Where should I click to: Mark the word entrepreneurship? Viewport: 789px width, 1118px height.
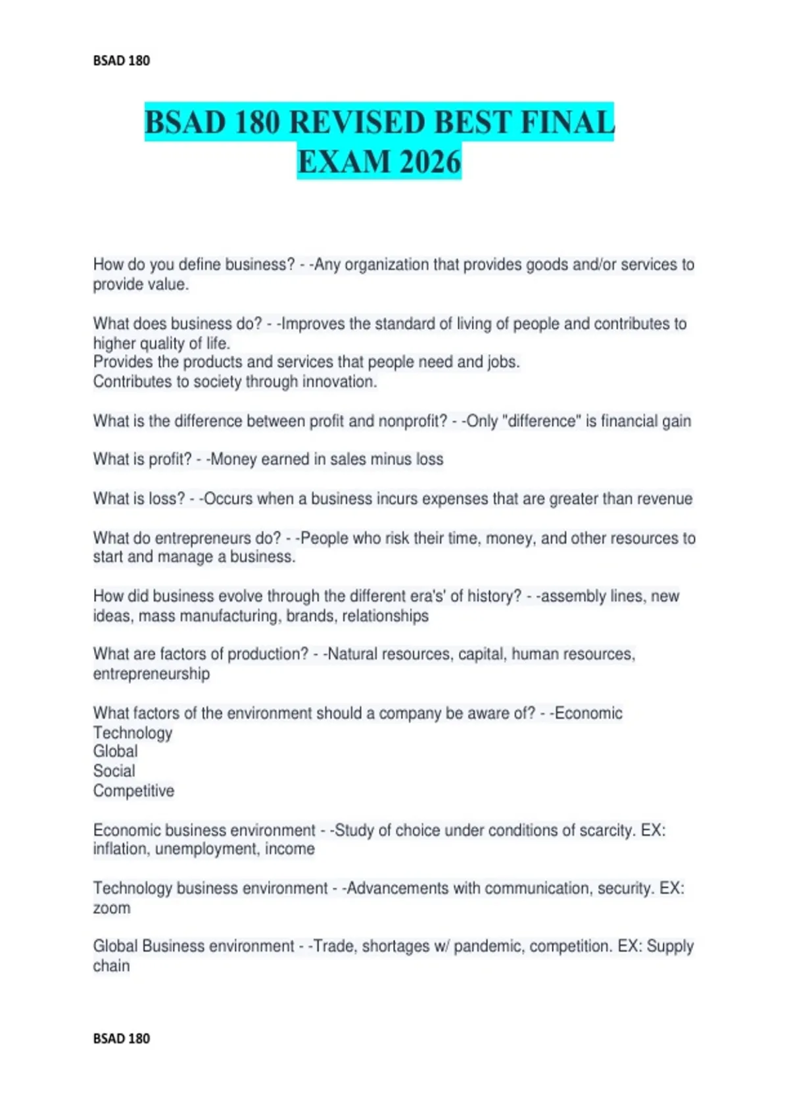tap(151, 673)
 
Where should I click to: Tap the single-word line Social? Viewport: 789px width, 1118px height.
tap(114, 771)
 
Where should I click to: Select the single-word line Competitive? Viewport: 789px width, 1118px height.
tap(133, 790)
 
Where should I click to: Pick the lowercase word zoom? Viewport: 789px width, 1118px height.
tap(112, 908)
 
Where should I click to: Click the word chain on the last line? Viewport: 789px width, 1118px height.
tap(111, 966)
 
